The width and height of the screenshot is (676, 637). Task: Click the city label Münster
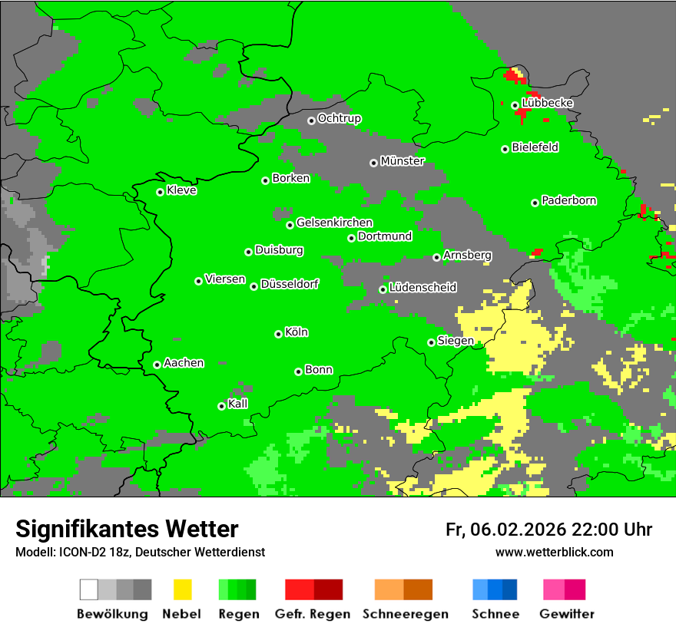coord(403,161)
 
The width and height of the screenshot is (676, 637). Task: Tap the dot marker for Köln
coord(278,334)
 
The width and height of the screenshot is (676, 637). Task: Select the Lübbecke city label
coord(548,103)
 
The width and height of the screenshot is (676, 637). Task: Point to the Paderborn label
coord(569,200)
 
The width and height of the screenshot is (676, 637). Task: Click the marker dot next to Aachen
coord(157,365)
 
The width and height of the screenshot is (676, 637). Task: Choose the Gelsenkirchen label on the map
coord(334,223)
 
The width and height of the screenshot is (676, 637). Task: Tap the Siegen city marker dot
coord(431,342)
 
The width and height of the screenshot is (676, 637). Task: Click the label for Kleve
coord(182,190)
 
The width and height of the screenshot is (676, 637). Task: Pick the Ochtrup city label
coord(340,118)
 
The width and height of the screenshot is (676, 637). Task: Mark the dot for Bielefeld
coord(505,149)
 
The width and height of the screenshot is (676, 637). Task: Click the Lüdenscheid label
coord(422,287)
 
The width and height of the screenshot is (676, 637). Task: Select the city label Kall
coord(238,404)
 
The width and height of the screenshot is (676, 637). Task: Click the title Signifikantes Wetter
coord(127,529)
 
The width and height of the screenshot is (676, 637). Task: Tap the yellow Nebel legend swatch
coord(182,589)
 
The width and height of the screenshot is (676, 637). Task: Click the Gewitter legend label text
coord(567,614)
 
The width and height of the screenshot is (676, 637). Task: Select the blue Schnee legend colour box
coord(495,589)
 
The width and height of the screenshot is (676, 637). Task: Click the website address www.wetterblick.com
coord(554,552)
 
